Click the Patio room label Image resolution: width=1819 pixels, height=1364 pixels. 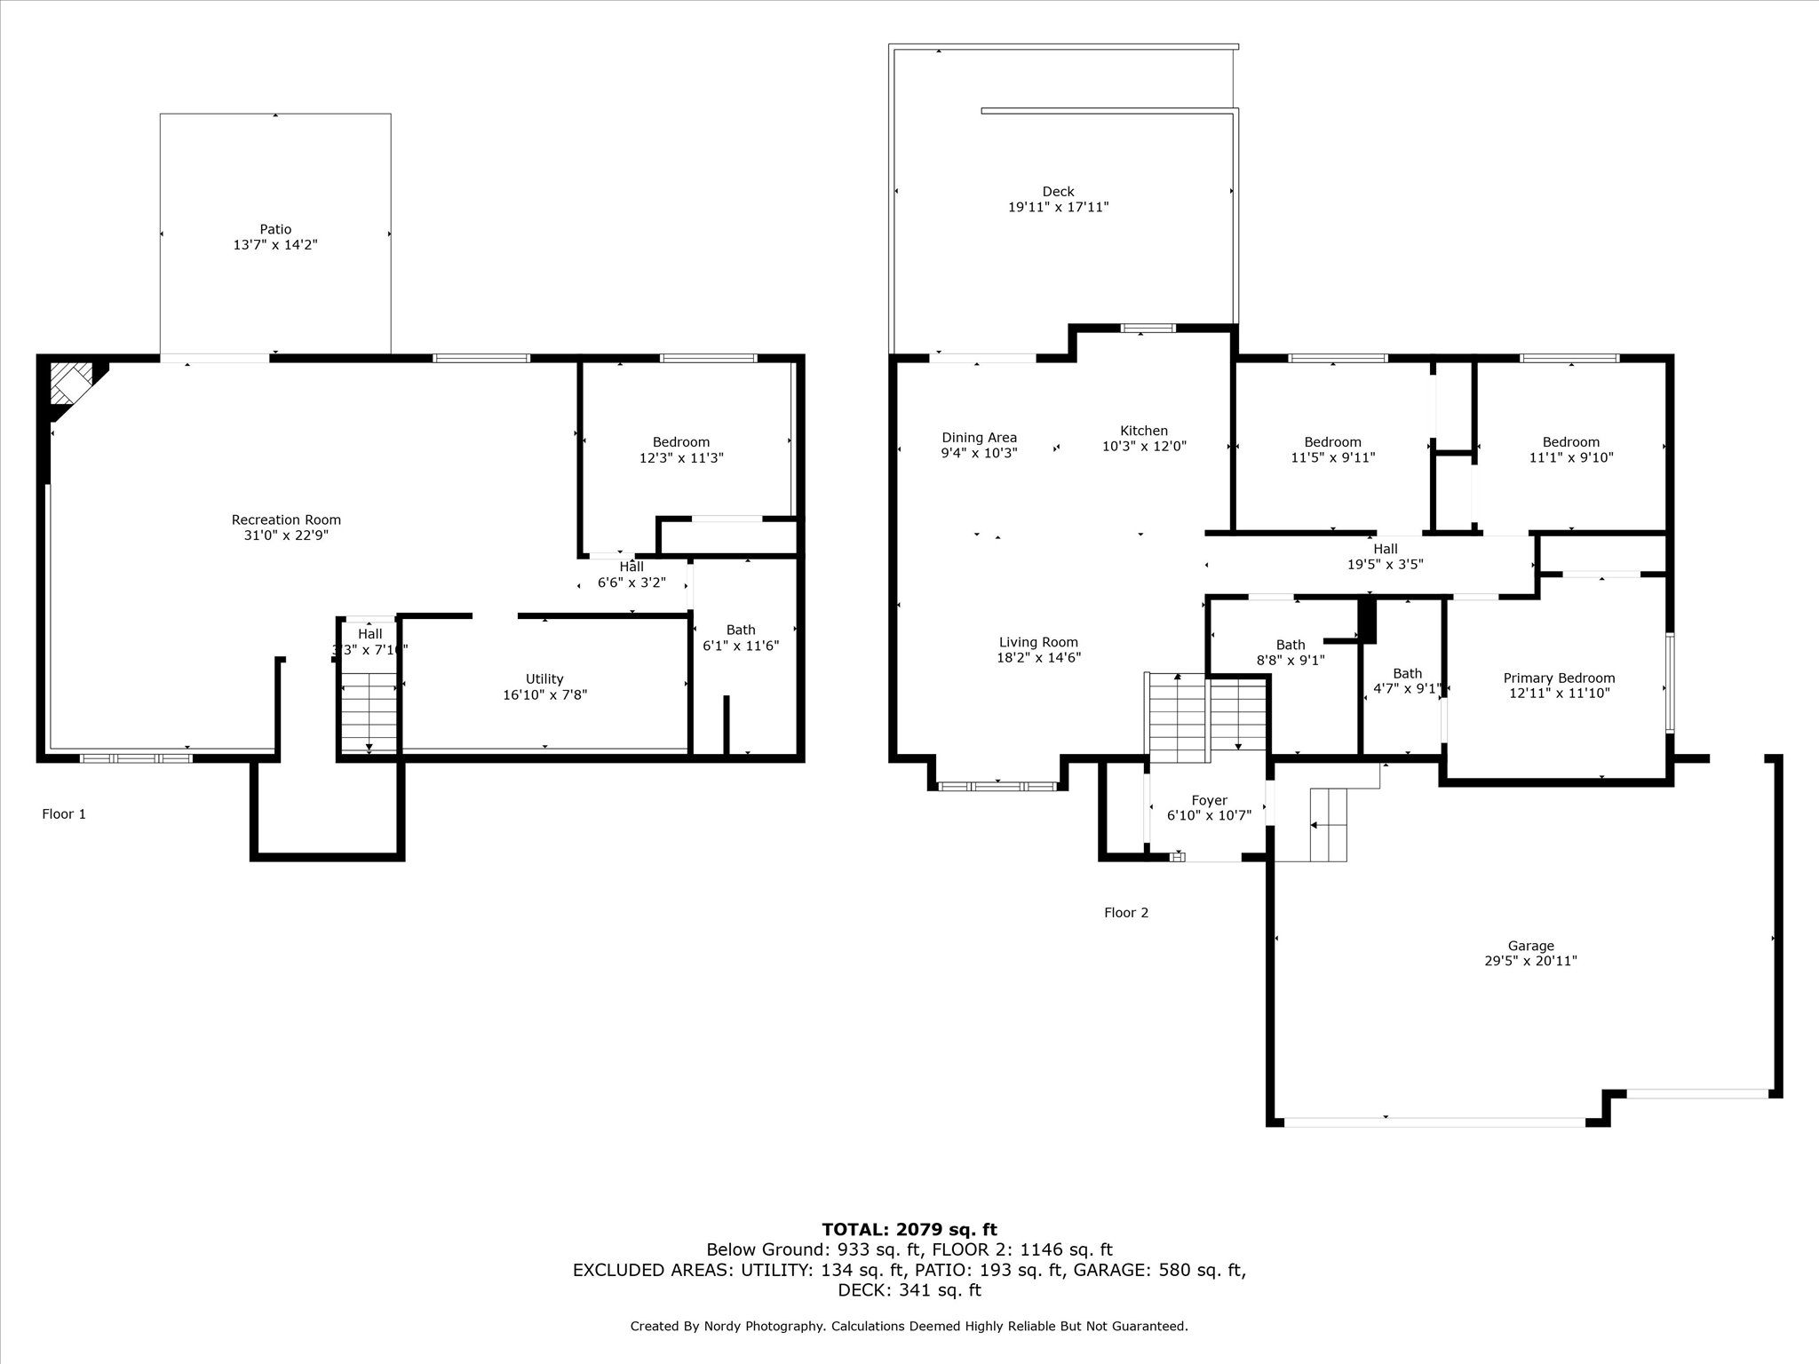pyautogui.click(x=275, y=229)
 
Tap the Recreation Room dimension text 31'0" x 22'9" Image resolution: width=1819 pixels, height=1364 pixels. pyautogui.click(x=286, y=535)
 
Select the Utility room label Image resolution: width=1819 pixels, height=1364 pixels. pyautogui.click(x=544, y=679)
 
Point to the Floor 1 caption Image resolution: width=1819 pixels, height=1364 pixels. pyautogui.click(x=64, y=813)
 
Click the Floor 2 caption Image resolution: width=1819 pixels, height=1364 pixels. pyautogui.click(x=1126, y=912)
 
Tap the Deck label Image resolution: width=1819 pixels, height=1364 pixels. pyautogui.click(x=1058, y=191)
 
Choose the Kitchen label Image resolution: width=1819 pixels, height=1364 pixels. pyautogui.click(x=1144, y=431)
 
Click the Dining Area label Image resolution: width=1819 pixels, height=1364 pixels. pyautogui.click(x=980, y=437)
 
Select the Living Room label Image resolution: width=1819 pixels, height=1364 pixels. pyautogui.click(x=1038, y=642)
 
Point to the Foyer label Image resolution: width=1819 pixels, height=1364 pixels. pyautogui.click(x=1210, y=800)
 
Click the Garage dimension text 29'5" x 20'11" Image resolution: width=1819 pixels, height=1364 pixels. pyautogui.click(x=1530, y=960)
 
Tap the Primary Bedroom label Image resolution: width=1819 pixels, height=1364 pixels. pyautogui.click(x=1559, y=678)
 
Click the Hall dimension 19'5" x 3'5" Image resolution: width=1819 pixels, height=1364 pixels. pyautogui.click(x=1386, y=564)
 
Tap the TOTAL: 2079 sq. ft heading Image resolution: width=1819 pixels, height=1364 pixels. pyautogui.click(x=909, y=1229)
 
